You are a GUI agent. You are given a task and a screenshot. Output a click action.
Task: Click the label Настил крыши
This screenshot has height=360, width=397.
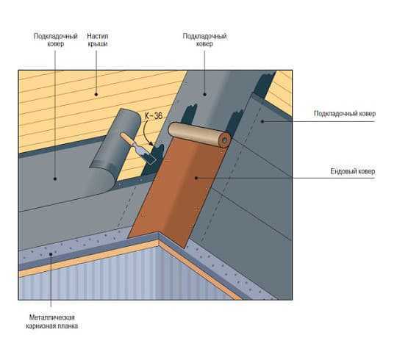[x=98, y=40]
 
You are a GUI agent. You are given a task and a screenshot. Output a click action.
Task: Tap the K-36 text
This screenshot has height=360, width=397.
[x=154, y=116]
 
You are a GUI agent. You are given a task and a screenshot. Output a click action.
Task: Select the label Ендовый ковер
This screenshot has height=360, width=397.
[x=352, y=171]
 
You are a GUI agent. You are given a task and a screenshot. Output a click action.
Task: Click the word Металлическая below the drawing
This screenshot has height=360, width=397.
[x=52, y=317]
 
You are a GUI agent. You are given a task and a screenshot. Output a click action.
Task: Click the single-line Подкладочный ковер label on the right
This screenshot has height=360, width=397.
[x=345, y=114]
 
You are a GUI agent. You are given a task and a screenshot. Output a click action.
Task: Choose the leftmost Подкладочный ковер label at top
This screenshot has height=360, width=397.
[x=55, y=40]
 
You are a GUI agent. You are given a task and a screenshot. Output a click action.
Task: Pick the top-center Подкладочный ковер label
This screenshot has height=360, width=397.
[x=204, y=40]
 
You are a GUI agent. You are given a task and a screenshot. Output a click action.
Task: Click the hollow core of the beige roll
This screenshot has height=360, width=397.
[x=224, y=140]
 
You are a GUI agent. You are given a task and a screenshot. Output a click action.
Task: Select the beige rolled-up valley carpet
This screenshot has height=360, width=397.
[x=199, y=134]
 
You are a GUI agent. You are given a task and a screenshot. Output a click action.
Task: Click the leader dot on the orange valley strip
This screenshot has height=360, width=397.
[x=196, y=179]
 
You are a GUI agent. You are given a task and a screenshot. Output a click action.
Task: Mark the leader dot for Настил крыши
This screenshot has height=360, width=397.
[x=96, y=94]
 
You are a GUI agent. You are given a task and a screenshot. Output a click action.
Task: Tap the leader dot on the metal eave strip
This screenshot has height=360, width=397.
[x=51, y=253]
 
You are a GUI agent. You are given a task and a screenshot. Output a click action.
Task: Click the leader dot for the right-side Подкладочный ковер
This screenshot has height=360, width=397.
[x=262, y=121]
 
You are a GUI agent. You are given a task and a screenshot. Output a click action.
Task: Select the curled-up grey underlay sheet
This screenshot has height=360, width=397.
[x=114, y=152]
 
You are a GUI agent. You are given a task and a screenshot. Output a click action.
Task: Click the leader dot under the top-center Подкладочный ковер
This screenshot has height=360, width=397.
[x=205, y=94]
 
